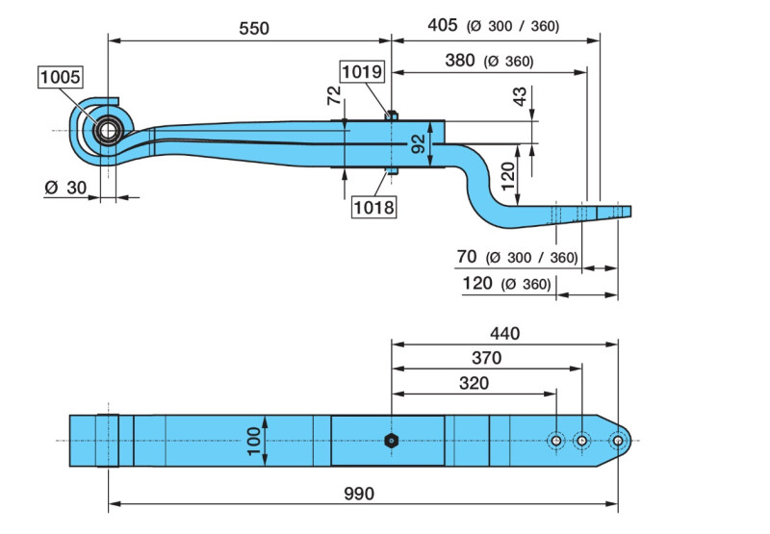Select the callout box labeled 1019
[362, 70]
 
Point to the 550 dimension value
[253, 28]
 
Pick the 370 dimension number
[485, 358]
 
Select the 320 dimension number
[473, 383]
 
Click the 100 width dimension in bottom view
[253, 441]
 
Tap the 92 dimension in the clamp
[418, 144]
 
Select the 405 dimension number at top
[442, 26]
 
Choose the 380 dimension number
[460, 61]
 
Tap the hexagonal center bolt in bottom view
[392, 441]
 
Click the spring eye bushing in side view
[106, 129]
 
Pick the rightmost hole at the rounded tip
[618, 441]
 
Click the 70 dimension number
[467, 257]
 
